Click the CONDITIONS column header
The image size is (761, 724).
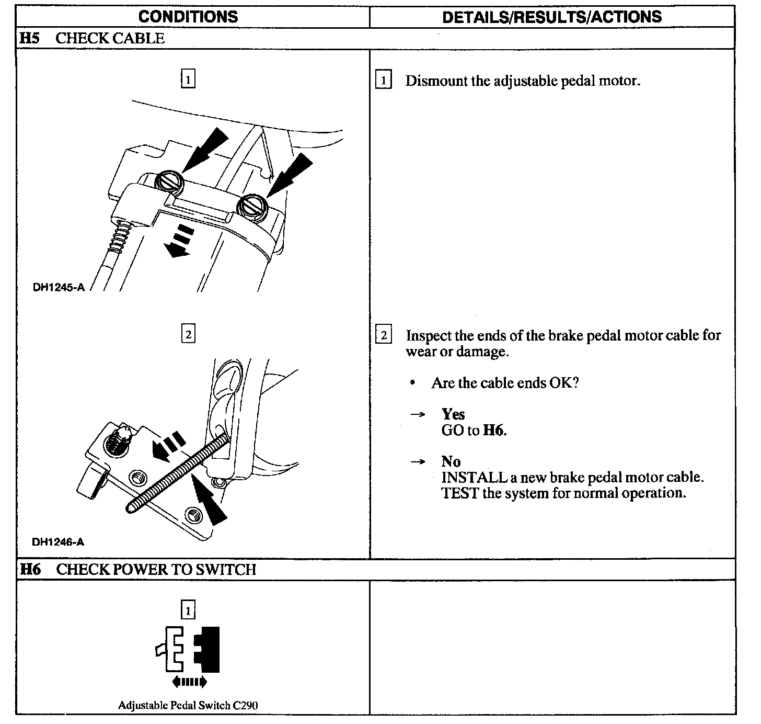[188, 16]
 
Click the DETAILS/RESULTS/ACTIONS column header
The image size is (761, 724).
[551, 17]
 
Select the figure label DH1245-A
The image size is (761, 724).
[58, 287]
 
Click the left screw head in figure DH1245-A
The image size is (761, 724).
[169, 182]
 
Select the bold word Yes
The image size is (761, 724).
[453, 414]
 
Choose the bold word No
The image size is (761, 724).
[451, 461]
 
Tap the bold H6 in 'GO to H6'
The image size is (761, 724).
[494, 431]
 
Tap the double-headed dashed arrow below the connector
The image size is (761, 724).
[189, 682]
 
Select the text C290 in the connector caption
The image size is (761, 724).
[245, 705]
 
